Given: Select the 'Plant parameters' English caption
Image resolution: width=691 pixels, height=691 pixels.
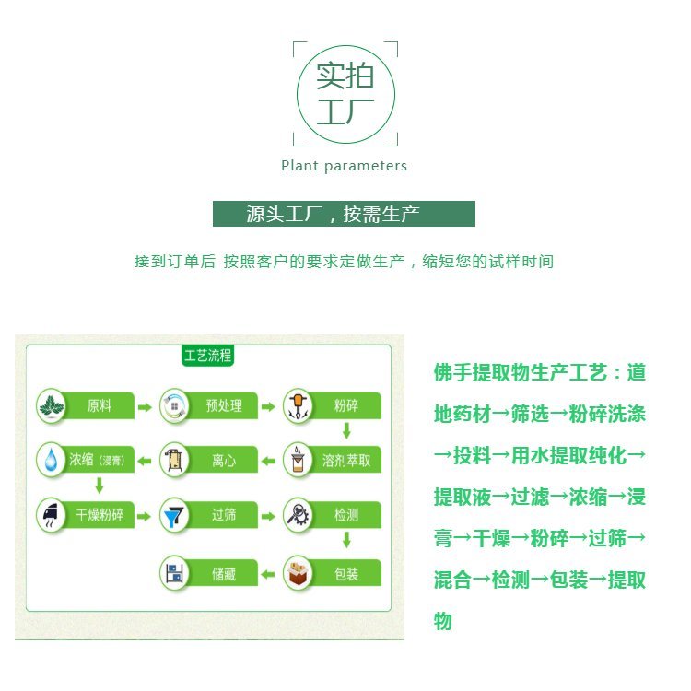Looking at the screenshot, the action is (x=345, y=166).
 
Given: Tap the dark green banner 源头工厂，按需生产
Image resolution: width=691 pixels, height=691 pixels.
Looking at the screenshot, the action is (x=344, y=214).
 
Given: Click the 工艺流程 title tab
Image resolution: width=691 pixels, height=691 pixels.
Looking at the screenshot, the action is (x=207, y=356).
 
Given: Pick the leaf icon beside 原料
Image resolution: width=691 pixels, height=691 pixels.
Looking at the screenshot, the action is (x=52, y=406).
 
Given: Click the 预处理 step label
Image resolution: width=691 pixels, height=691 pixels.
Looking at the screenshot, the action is (x=224, y=405).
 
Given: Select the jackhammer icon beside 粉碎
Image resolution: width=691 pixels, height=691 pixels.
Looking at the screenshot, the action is (x=298, y=406).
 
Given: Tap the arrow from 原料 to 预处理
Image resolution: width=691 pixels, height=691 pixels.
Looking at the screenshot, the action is (x=145, y=407).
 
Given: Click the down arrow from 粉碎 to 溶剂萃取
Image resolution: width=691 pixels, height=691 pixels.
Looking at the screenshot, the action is (x=346, y=430).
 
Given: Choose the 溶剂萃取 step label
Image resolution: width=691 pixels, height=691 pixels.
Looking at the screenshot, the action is (x=346, y=461).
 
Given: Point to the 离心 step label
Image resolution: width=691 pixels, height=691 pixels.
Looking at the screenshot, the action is (x=224, y=461).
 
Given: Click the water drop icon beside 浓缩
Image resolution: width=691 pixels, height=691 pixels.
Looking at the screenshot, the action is (x=52, y=460).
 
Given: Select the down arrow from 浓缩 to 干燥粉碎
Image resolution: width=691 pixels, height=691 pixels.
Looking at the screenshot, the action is (x=100, y=486).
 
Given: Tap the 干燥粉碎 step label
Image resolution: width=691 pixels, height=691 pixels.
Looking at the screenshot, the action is (x=100, y=515).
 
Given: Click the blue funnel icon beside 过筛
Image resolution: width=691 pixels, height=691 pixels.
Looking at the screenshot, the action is (x=174, y=516).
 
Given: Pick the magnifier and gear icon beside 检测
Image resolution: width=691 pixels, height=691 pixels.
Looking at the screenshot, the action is (x=298, y=514).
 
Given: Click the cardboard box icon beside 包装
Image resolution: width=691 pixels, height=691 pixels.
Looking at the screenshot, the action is (x=298, y=573).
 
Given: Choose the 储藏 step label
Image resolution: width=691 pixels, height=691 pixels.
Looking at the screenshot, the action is (x=224, y=574).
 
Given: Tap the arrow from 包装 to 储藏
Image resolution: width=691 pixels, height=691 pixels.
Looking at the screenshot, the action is (x=268, y=574).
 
